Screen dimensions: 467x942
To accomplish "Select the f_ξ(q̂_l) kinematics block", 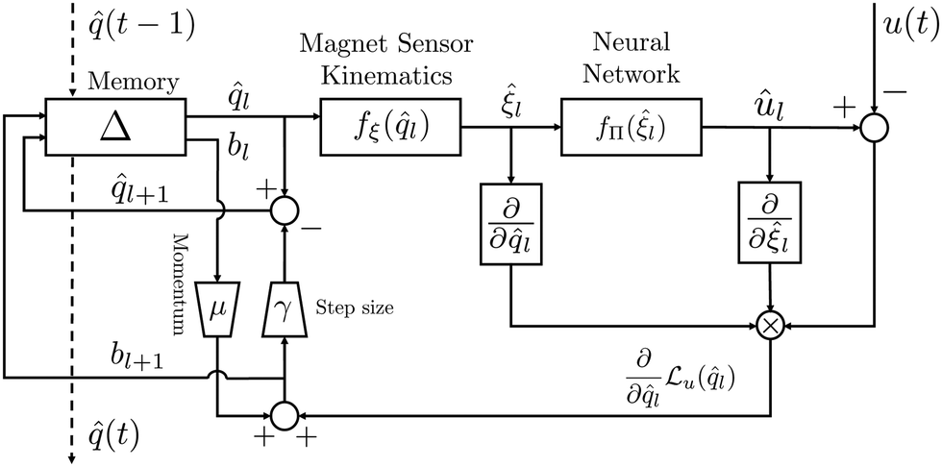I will [x=390, y=125].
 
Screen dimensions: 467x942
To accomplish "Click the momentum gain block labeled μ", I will [x=220, y=308].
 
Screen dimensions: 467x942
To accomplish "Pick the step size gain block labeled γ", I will [x=284, y=308].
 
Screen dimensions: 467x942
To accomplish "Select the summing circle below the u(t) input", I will [x=873, y=127].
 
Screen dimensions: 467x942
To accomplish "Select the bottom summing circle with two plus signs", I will [x=284, y=415].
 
